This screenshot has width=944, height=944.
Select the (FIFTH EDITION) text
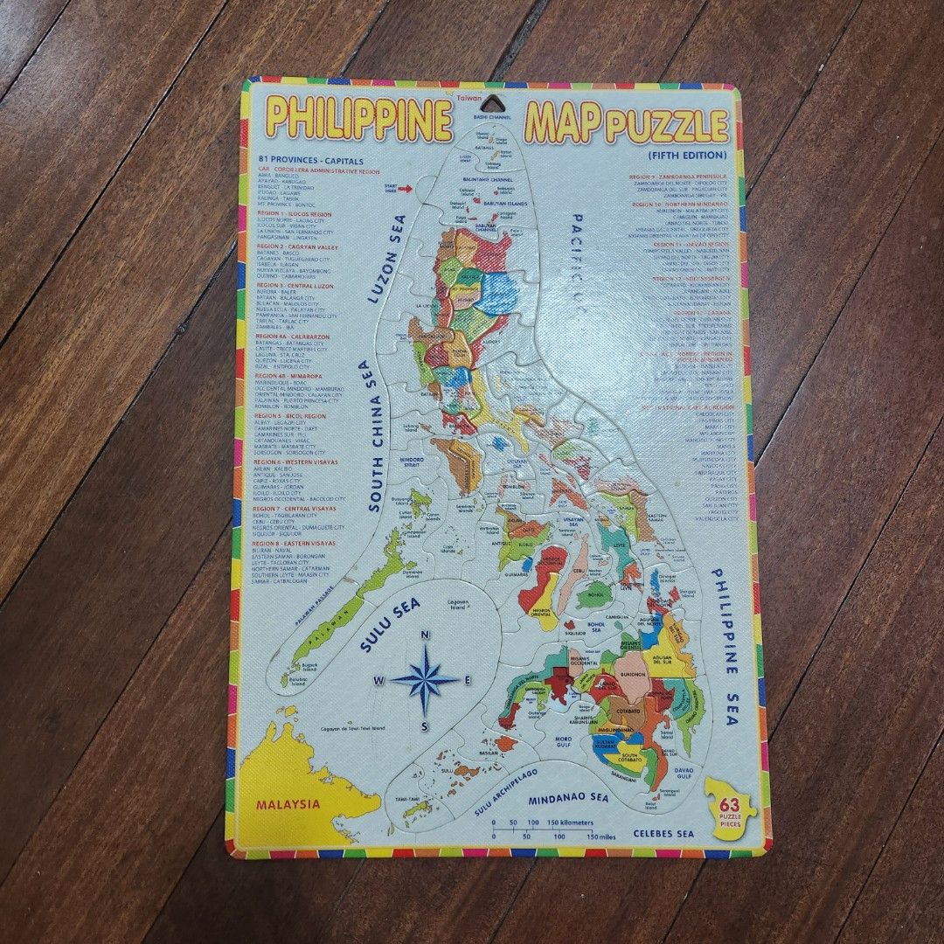[x=687, y=156]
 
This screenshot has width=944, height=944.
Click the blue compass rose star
[x=425, y=679]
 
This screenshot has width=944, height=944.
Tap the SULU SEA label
[x=391, y=625]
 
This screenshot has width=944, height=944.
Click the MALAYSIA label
[x=288, y=804]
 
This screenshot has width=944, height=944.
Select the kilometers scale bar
[x=529, y=823]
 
